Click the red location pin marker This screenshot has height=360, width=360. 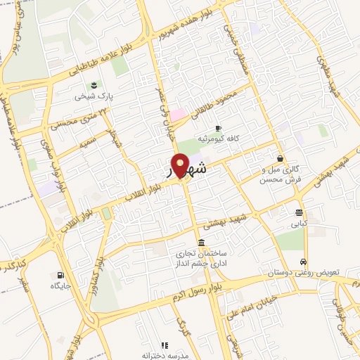click(x=181, y=165)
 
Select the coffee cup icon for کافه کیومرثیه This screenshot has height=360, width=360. click(x=218, y=128)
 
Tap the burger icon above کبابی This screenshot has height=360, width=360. click(x=300, y=212)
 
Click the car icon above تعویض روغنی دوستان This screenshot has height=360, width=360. click(x=303, y=261)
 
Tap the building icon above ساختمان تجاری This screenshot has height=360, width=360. click(x=202, y=243)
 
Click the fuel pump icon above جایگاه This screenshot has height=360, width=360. click(x=59, y=275)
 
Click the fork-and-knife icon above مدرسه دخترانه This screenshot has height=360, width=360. click(x=165, y=345)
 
